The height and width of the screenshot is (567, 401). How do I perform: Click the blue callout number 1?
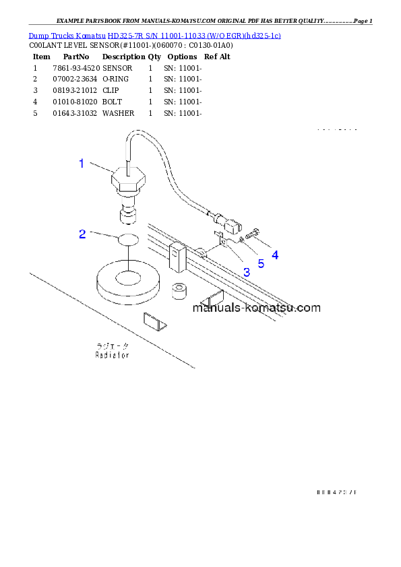tap(82, 163)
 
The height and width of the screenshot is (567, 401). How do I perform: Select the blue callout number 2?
tap(82, 234)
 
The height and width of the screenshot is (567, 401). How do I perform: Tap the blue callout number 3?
tap(247, 272)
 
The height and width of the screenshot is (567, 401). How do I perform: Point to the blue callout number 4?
tap(274, 255)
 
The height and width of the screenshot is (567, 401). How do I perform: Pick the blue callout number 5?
tap(261, 263)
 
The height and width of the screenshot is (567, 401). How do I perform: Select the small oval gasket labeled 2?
tap(128, 239)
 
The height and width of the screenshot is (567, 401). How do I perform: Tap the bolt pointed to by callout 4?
tap(252, 235)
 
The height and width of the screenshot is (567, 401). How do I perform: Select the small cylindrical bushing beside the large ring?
tap(179, 290)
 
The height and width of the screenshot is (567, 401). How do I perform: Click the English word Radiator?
tap(111, 354)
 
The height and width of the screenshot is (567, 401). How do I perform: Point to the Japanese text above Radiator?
tap(111, 345)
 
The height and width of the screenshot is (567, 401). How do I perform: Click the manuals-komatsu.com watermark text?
tap(256, 308)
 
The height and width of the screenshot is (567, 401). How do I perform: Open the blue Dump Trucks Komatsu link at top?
tap(154, 34)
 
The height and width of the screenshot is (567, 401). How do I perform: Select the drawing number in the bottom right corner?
tap(336, 492)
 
